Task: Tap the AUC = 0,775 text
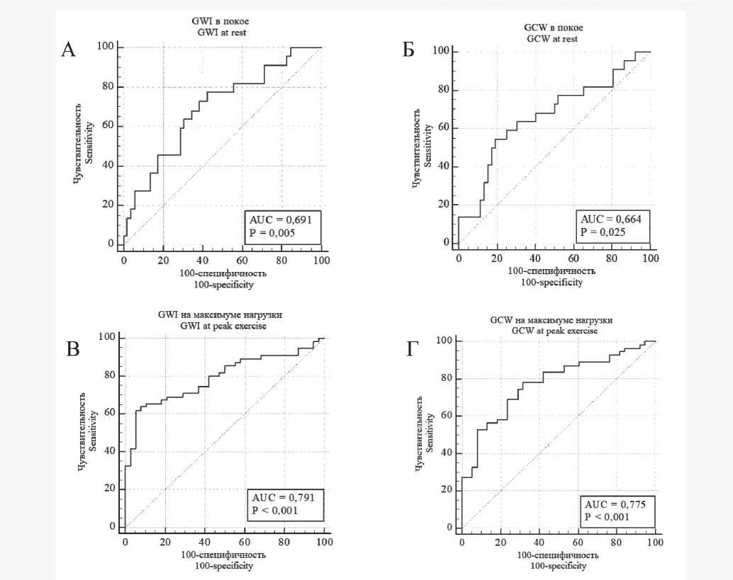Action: point(613,504)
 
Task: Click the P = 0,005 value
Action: point(269,232)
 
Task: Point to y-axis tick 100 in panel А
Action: point(106,47)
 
